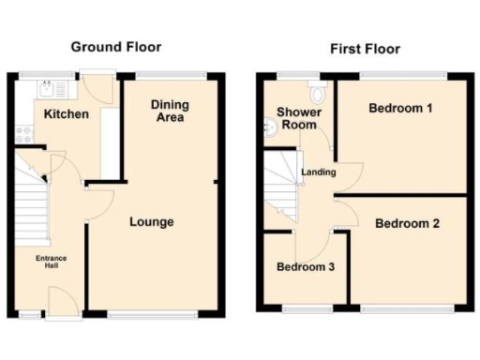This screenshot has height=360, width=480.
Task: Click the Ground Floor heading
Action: pos(116,46)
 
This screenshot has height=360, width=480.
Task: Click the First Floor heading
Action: pos(365,49)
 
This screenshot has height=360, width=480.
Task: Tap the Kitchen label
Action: pos(66,114)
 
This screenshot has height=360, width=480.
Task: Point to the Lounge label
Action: pos(151,222)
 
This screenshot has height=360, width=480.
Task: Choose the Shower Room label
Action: pos(298,119)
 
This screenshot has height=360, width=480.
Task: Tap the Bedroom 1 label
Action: pos(400,109)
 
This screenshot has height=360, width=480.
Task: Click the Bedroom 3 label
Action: pos(306,267)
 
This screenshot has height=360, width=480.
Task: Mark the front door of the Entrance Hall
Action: pos(62,302)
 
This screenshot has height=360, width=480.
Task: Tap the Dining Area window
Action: pos(170,74)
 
